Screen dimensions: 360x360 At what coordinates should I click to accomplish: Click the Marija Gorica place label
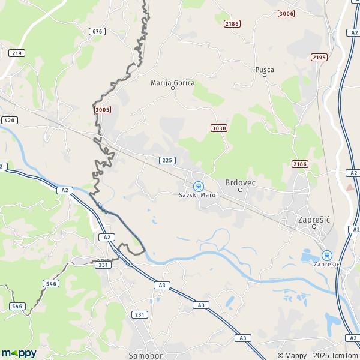click(x=172, y=83)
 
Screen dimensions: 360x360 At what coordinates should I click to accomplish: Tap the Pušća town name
click(x=265, y=70)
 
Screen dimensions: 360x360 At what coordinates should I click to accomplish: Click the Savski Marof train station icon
click(x=198, y=186)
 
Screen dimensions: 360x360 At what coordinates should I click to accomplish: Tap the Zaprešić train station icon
click(x=327, y=255)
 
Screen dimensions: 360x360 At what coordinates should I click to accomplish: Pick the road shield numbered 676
click(x=97, y=31)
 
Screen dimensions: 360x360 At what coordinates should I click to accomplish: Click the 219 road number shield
click(x=17, y=53)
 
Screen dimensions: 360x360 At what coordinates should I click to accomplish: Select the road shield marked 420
click(x=8, y=120)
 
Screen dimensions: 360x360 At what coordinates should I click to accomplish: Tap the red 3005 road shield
click(x=103, y=109)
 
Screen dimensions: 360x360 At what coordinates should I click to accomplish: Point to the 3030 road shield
click(x=219, y=128)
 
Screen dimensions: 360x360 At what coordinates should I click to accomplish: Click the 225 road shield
click(x=167, y=160)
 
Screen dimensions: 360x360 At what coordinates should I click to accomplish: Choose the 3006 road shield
click(x=287, y=13)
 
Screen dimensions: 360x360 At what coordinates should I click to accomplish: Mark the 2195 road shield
click(x=319, y=57)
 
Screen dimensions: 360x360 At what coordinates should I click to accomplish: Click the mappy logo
click(x=19, y=353)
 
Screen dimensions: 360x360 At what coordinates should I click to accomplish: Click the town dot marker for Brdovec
click(x=240, y=190)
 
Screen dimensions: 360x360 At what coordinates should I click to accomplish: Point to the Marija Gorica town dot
click(x=173, y=89)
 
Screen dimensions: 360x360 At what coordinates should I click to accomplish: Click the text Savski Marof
click(x=199, y=196)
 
